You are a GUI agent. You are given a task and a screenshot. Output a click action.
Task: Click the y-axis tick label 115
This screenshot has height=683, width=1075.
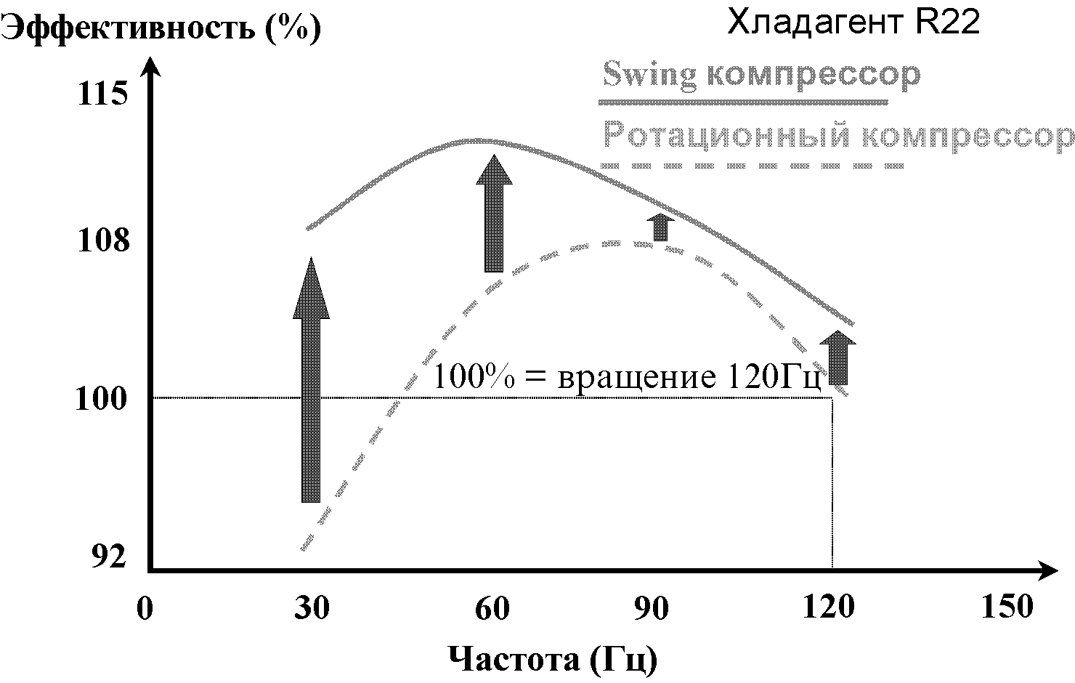[x=102, y=94]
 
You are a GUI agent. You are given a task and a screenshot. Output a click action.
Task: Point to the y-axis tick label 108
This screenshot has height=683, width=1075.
[x=103, y=239]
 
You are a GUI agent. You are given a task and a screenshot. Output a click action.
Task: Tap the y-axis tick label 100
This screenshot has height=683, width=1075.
[x=102, y=399]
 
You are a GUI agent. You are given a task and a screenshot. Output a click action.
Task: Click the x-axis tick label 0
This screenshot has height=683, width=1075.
[x=145, y=608]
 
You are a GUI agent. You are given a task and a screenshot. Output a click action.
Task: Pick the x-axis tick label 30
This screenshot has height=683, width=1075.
[x=312, y=608]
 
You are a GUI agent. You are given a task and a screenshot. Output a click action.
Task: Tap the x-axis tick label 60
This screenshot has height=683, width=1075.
[x=492, y=608]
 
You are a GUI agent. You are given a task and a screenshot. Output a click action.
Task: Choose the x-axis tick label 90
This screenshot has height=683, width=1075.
[x=652, y=608]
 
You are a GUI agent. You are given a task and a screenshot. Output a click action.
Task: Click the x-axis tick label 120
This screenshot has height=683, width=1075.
[x=828, y=608]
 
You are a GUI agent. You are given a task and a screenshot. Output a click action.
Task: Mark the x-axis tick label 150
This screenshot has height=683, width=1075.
[x=1006, y=607]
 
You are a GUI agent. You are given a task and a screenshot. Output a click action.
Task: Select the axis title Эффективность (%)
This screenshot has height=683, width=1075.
[x=161, y=28]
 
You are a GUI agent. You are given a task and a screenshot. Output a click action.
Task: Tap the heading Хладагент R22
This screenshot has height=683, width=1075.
[x=853, y=23]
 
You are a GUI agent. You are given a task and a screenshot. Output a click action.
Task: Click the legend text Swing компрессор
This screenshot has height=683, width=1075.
[x=761, y=74]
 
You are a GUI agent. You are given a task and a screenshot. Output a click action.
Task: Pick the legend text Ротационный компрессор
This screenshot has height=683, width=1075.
[x=838, y=136]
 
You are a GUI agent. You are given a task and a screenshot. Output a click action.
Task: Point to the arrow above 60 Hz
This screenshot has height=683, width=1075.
[x=494, y=214]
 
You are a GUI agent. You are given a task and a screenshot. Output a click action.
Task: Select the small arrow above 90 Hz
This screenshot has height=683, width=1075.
[x=660, y=227]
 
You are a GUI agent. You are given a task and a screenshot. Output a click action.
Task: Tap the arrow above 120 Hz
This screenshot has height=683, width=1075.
[x=838, y=357]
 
